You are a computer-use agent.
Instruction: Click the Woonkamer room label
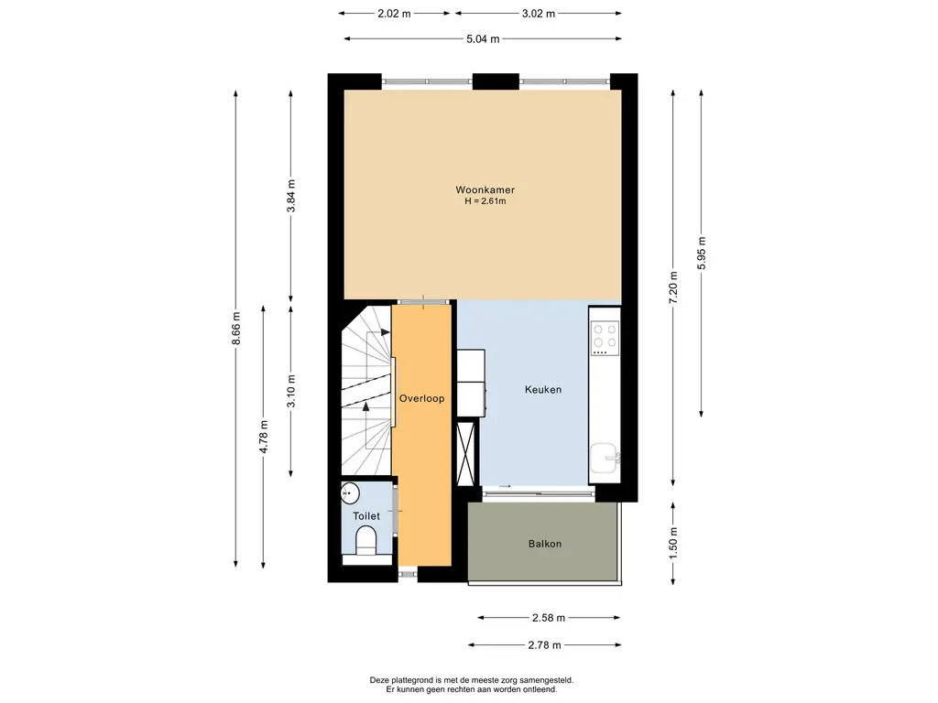485,189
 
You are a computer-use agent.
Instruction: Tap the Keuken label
543,389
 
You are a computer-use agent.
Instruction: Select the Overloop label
421,398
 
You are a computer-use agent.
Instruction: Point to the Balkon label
545,544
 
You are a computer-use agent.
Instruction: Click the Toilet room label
366,516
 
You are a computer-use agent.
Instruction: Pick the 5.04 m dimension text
483,38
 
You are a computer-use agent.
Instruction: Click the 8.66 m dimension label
236,329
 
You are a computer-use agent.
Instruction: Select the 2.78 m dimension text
544,645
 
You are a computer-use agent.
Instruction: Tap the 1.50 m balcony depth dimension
673,544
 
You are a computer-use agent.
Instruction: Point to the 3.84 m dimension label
291,196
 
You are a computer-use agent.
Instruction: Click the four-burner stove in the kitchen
605,338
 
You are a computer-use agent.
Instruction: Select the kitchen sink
605,458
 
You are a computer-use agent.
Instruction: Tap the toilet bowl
365,542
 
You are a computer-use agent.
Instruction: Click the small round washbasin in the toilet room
350,493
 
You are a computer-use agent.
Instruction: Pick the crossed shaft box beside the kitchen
466,452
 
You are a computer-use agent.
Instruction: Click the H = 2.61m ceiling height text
485,200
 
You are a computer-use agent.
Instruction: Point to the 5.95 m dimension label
702,253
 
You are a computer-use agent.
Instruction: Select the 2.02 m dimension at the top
394,13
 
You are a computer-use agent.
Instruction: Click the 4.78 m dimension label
264,437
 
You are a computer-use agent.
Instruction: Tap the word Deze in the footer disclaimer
379,680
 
